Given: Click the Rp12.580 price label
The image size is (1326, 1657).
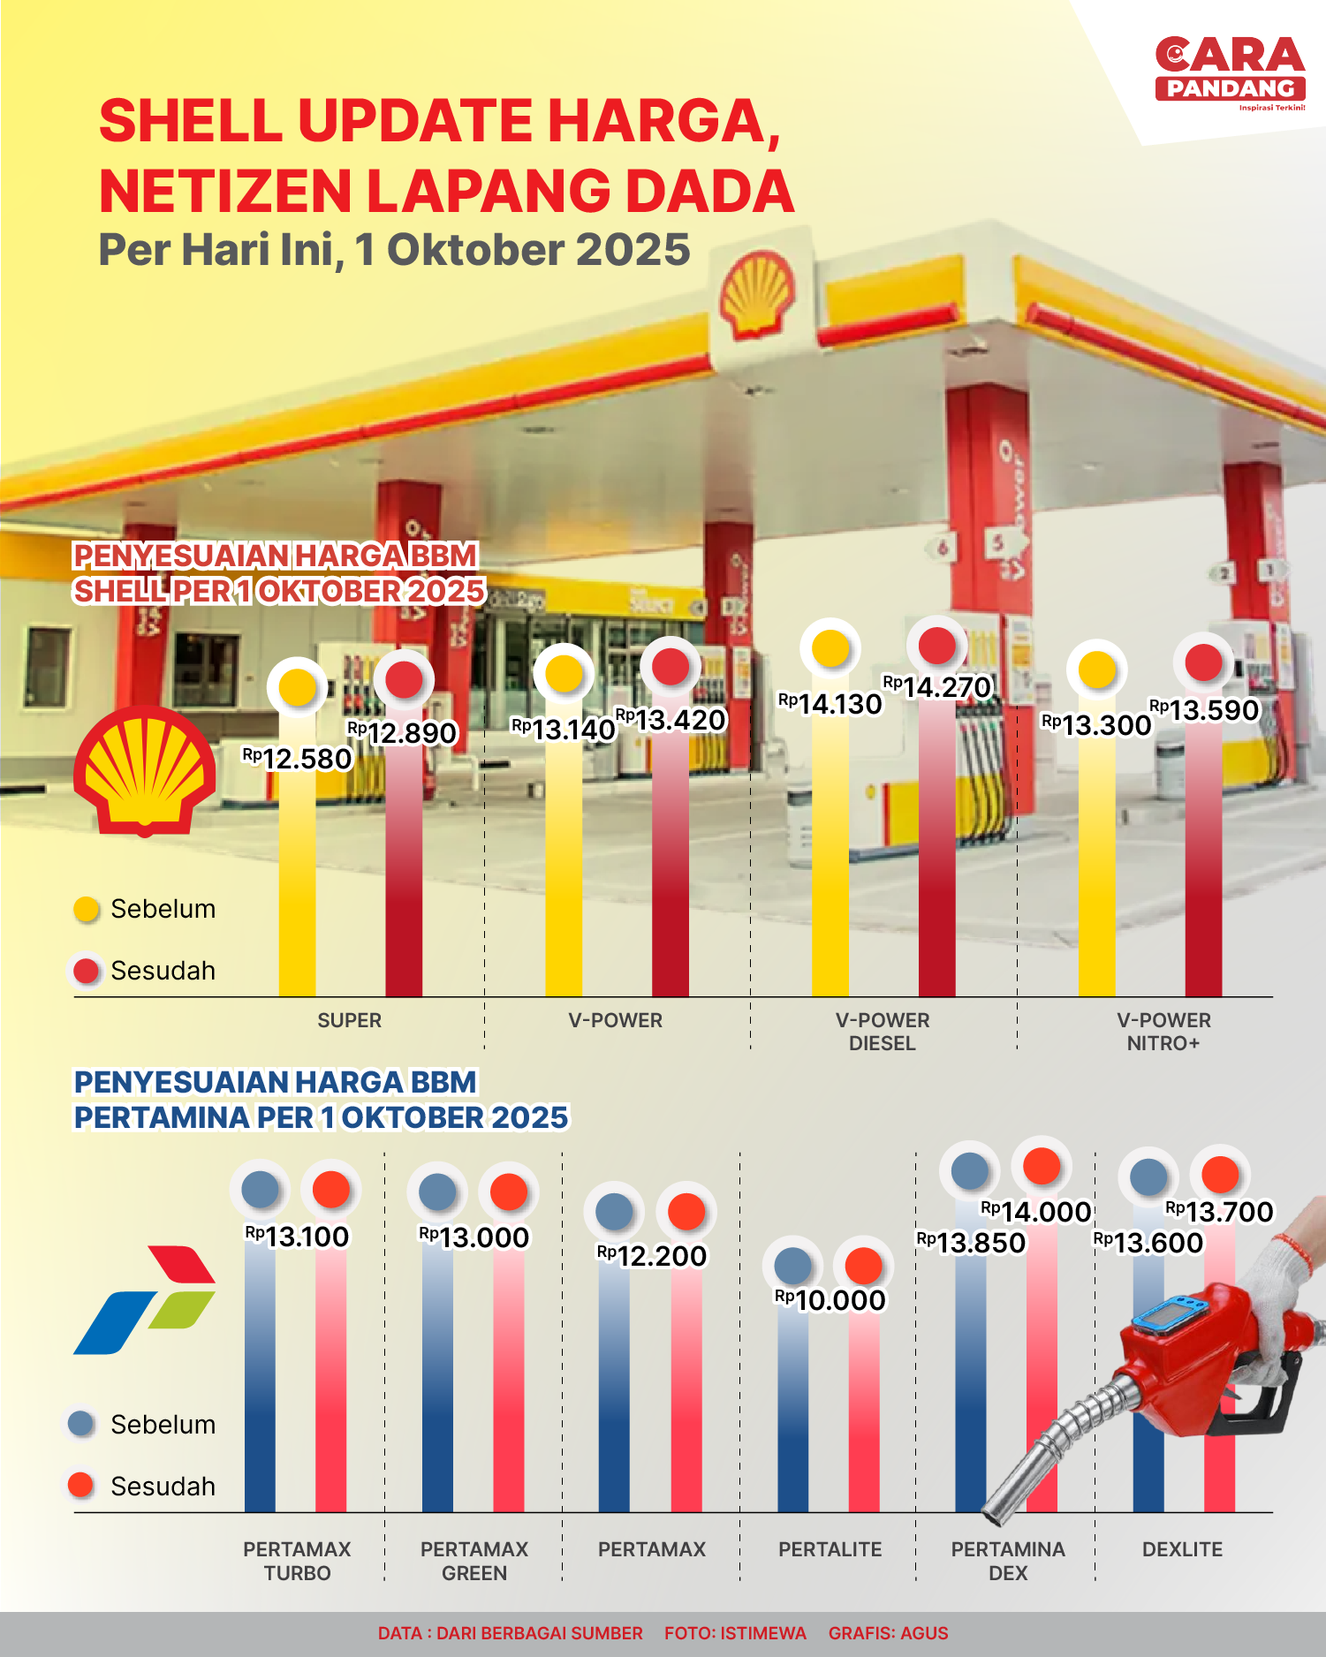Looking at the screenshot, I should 298,759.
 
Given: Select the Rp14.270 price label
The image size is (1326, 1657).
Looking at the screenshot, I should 937,687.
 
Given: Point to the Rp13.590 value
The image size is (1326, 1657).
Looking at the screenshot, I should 1204,710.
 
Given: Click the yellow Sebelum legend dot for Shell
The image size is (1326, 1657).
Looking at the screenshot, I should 87,909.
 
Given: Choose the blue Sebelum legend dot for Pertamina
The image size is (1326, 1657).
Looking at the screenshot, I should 81,1424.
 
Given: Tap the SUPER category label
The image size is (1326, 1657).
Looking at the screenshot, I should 350,1020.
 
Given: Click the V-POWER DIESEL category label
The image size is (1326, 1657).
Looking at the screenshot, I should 883,1032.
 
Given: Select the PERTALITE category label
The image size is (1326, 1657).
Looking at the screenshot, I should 830,1549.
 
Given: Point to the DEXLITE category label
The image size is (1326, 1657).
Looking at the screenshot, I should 1182,1549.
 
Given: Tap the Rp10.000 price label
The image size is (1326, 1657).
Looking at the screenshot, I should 830,1300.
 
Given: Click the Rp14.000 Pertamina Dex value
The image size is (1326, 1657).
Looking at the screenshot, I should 1036,1212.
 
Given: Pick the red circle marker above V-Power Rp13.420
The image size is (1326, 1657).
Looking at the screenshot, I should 671,667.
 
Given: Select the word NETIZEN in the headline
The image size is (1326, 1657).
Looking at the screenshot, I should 226,192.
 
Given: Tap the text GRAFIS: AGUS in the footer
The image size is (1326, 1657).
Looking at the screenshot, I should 888,1633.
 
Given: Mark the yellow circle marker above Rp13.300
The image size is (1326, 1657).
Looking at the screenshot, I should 1097,670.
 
